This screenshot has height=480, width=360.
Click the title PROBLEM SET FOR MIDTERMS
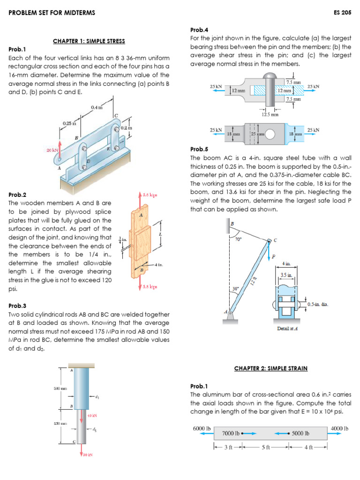pos(52,13)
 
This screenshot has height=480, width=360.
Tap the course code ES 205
pos(343,13)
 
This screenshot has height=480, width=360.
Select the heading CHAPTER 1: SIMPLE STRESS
pos(89,41)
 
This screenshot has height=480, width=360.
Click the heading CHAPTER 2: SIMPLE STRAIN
pos(270,368)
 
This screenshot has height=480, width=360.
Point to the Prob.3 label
pos(17,306)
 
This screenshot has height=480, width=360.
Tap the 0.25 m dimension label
pos(69,123)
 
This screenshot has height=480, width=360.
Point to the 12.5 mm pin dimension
pos(270,114)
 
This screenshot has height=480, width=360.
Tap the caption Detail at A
pos(287,328)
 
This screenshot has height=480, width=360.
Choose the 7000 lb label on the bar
pos(231,434)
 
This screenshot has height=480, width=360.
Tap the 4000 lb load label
pos(340,428)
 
